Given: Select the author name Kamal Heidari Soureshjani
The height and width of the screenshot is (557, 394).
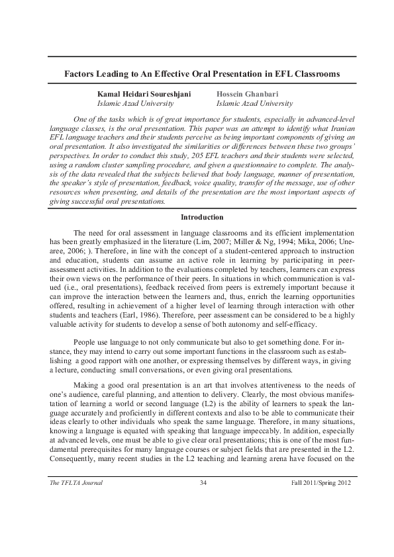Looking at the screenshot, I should click(144, 95).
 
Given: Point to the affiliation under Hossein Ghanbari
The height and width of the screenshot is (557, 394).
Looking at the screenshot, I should click(255, 104).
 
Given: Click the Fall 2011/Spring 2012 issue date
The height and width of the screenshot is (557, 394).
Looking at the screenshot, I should click(320, 484).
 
